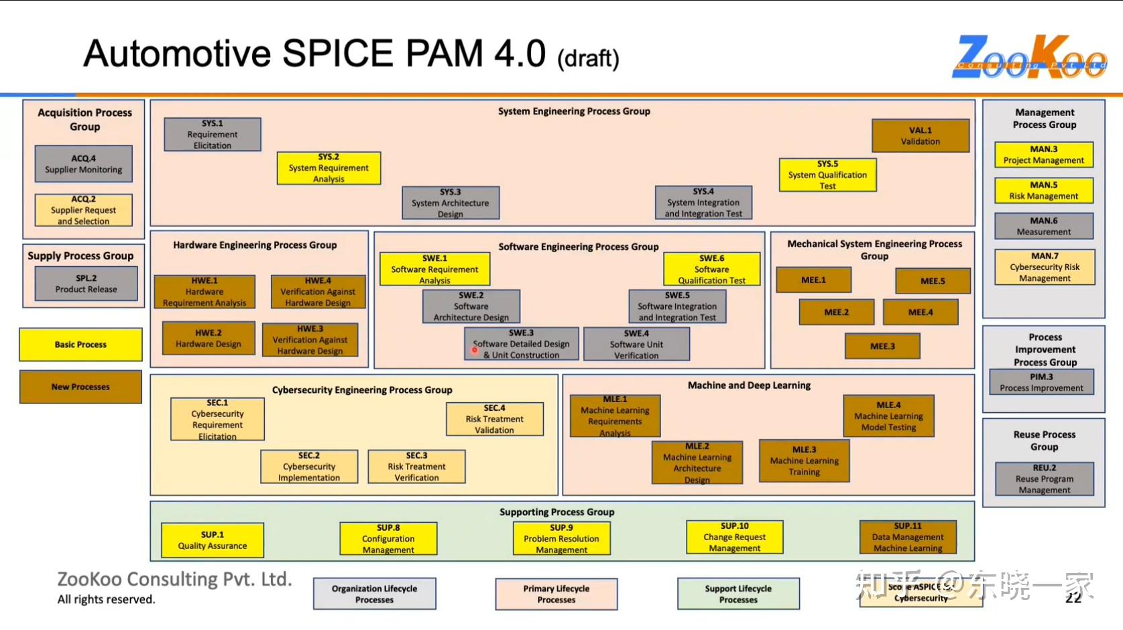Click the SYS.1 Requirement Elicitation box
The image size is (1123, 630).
click(213, 135)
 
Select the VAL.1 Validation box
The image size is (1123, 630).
click(920, 136)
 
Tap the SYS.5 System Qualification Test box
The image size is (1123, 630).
click(827, 175)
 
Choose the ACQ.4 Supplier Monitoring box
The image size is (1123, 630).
click(83, 164)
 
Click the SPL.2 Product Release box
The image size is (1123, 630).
click(86, 283)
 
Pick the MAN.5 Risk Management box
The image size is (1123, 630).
click(1043, 190)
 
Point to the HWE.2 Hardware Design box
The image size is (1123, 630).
click(208, 338)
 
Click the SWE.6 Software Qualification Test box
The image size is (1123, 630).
click(711, 269)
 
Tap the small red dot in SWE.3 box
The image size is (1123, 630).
click(475, 350)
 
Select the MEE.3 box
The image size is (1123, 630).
click(882, 346)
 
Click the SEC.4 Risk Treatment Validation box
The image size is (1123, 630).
click(494, 419)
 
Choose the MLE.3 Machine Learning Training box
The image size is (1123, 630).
click(804, 460)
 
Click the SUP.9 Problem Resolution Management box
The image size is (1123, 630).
click(561, 539)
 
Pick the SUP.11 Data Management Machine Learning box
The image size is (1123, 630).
click(907, 538)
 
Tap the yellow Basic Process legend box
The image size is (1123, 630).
click(80, 344)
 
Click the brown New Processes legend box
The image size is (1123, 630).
click(80, 387)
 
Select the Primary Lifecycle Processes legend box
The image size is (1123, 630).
click(556, 594)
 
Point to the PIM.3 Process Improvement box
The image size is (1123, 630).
click(1041, 382)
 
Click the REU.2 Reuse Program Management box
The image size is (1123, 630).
click(1044, 479)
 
